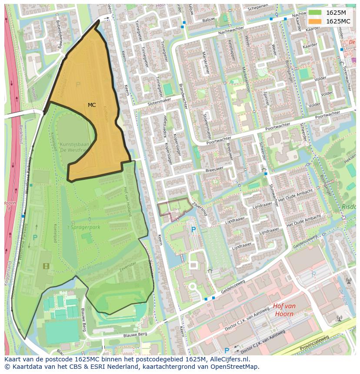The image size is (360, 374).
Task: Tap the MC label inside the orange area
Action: [x=92, y=105]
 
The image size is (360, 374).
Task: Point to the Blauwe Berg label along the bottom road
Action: [x=135, y=334]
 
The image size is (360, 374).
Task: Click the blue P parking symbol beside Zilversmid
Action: [x=193, y=229]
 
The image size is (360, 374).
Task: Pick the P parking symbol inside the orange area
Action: [x=78, y=85]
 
